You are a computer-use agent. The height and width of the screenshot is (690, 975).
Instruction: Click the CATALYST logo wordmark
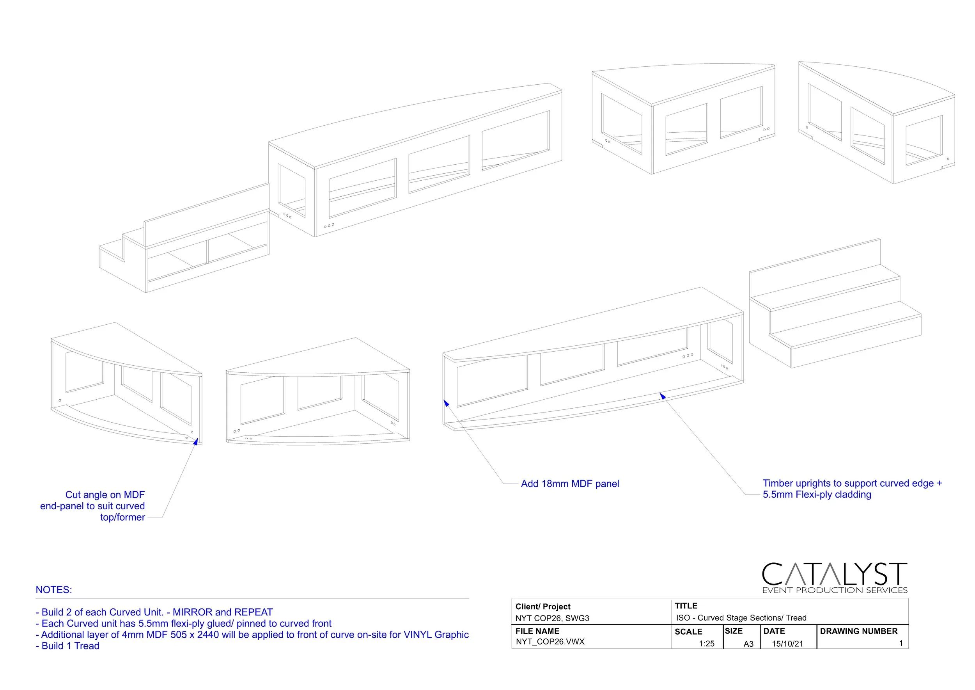pos(834,574)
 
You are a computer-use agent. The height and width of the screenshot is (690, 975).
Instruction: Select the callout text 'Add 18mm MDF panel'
pos(569,484)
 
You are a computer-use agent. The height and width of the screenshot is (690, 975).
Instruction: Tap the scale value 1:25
pos(706,644)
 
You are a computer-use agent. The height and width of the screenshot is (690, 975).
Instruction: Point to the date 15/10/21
pos(787,644)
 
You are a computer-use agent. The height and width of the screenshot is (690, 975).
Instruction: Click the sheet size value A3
pos(748,644)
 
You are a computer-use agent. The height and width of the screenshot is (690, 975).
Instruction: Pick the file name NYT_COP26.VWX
pos(550,642)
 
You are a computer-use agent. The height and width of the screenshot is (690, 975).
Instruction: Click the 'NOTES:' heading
pos(54,590)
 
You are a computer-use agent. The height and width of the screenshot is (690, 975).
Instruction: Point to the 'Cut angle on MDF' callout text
pos(105,494)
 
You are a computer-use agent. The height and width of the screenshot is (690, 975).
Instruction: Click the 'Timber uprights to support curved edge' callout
pos(852,483)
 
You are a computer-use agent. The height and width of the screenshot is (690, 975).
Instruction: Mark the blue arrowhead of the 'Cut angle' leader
pos(196,442)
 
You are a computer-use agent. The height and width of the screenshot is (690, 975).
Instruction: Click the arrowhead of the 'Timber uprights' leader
pos(662,396)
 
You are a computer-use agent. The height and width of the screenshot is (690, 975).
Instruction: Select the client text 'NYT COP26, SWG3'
pos(552,618)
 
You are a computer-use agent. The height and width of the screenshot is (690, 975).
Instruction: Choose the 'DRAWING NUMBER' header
pos(859,631)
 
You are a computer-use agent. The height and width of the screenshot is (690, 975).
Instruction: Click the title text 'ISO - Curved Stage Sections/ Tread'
pos(741,618)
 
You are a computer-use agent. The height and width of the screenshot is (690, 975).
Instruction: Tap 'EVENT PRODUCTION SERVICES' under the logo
pos(835,590)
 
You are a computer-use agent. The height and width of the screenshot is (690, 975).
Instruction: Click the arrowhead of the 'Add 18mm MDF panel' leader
pos(446,403)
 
